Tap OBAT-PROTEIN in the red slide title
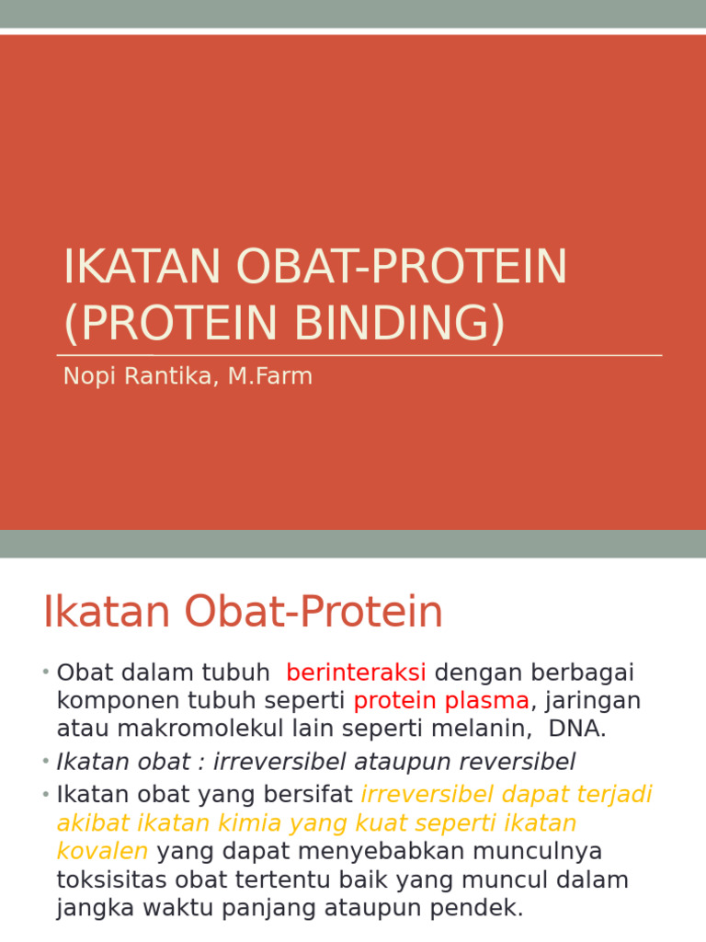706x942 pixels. [x=402, y=267]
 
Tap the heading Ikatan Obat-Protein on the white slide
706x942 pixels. [x=243, y=613]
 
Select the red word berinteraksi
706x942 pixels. [x=356, y=673]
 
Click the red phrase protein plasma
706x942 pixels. [x=441, y=701]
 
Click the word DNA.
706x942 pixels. [x=577, y=729]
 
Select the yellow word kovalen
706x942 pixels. [x=102, y=850]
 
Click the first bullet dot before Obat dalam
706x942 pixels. [x=45, y=673]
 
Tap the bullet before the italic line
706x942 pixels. [x=45, y=762]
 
